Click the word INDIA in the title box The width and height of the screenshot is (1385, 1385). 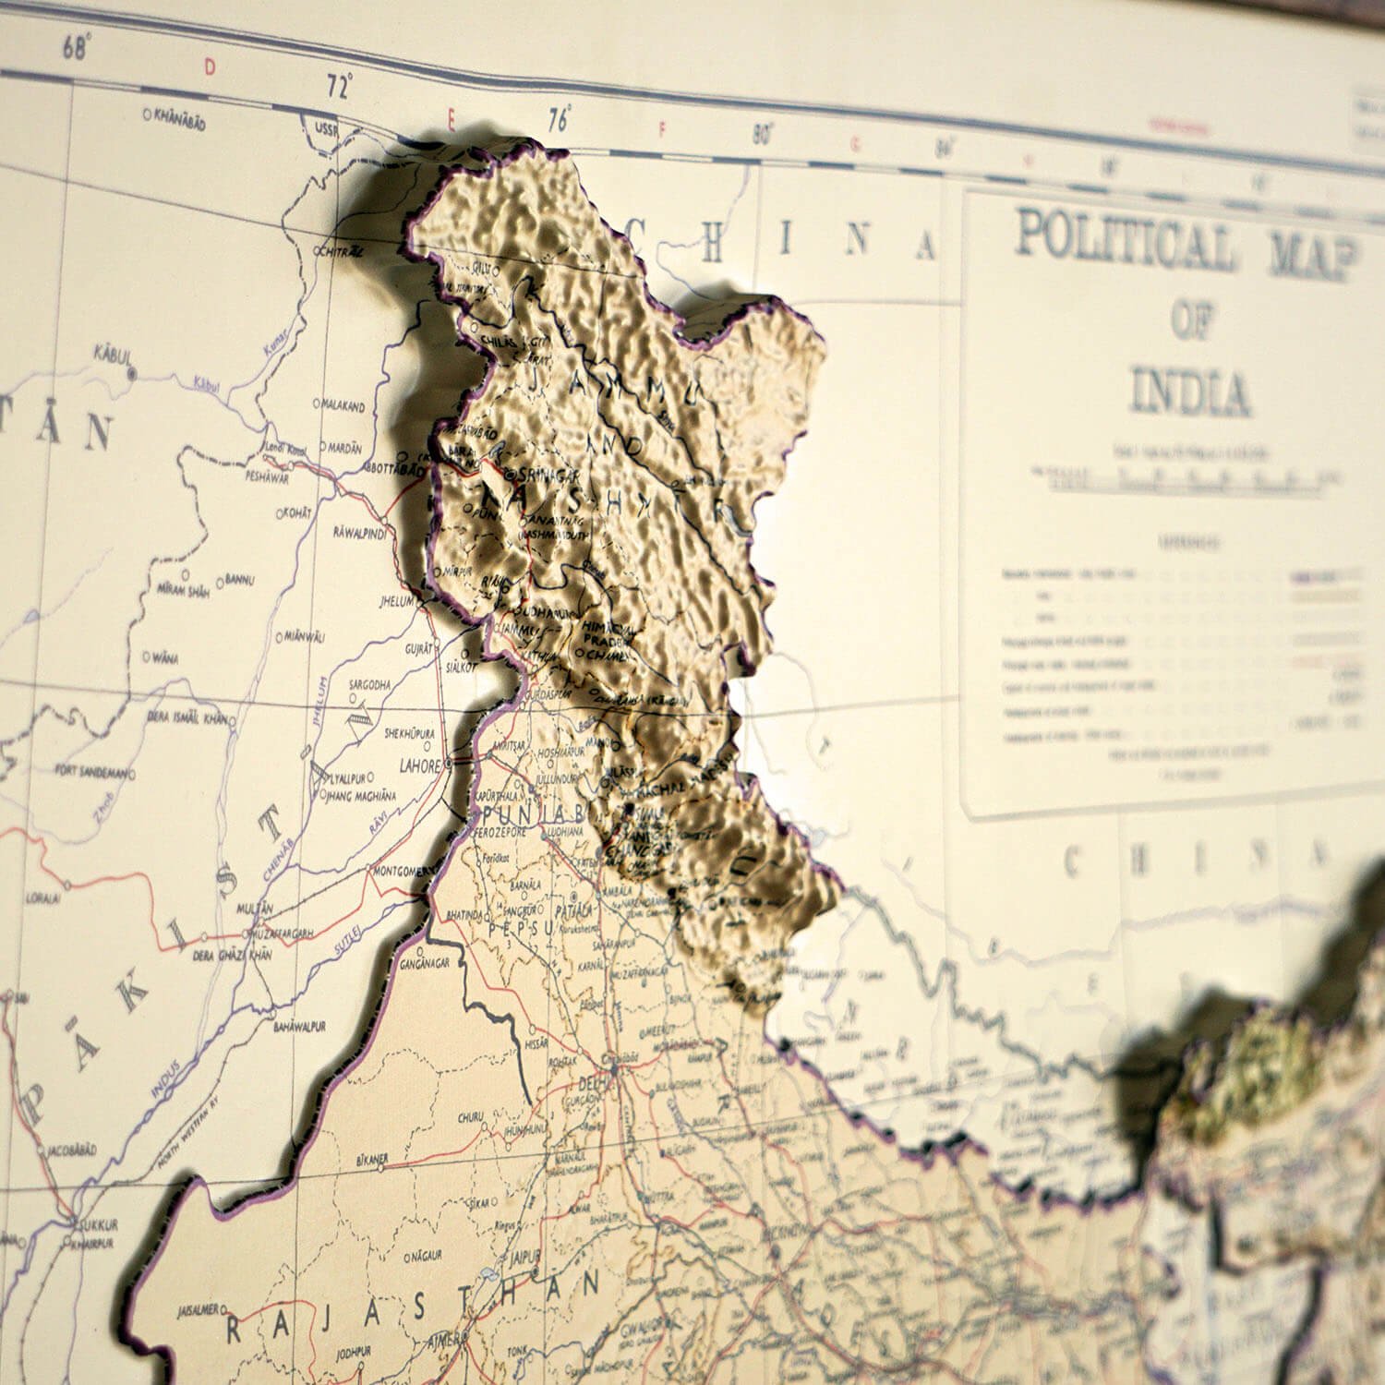click(x=1189, y=393)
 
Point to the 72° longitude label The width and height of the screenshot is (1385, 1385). click(x=339, y=89)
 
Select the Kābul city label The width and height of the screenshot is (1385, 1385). click(x=114, y=355)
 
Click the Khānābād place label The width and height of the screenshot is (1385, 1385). click(x=178, y=117)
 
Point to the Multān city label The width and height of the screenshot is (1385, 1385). click(x=256, y=910)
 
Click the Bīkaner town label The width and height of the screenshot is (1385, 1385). click(x=368, y=1158)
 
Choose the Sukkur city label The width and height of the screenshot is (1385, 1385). click(x=98, y=1225)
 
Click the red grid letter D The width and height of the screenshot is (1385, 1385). click(x=209, y=66)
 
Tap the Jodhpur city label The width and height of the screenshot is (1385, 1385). click(x=353, y=1352)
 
